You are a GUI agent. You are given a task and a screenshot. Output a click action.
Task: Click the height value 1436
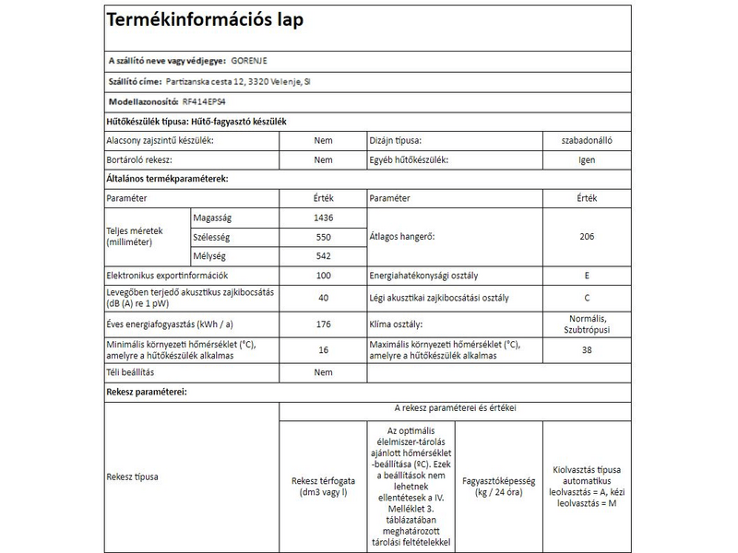pos(323,218)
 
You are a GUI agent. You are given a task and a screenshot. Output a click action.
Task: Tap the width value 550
pos(323,237)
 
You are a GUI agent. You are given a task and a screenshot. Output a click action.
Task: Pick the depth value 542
pos(323,255)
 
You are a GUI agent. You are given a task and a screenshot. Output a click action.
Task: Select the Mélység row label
pos(208,255)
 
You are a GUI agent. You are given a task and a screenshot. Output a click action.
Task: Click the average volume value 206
pos(587,237)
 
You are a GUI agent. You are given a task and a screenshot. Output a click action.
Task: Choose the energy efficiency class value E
pos(587,276)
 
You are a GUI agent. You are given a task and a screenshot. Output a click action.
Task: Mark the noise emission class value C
pos(587,298)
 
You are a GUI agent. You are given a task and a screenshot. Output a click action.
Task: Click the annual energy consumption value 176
pos(323,324)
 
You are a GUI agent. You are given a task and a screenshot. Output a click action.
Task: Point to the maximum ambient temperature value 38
pos(587,350)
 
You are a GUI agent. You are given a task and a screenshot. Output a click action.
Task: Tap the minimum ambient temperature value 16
pos(323,350)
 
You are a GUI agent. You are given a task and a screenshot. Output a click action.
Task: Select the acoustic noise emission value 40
pos(323,298)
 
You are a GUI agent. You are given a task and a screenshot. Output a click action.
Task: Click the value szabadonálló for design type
pos(587,141)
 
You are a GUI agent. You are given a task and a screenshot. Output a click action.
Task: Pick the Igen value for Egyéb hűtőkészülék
pos(587,159)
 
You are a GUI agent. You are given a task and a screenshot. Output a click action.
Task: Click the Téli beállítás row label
pos(130,372)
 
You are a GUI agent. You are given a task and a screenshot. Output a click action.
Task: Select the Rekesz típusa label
pos(133,477)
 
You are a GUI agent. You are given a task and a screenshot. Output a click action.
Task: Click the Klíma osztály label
pos(397,324)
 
